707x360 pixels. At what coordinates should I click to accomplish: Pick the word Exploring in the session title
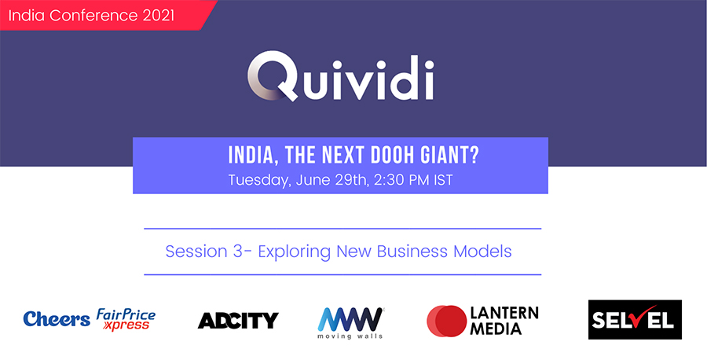pos(295,252)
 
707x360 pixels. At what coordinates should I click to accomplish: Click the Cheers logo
pos(57,319)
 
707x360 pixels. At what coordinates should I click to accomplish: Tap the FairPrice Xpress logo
pos(126,320)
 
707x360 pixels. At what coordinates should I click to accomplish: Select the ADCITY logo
pos(238,320)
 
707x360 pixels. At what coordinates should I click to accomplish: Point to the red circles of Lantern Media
pos(446,321)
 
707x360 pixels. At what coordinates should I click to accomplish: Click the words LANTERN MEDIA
pos(504,321)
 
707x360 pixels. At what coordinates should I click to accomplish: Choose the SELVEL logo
pos(635,320)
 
